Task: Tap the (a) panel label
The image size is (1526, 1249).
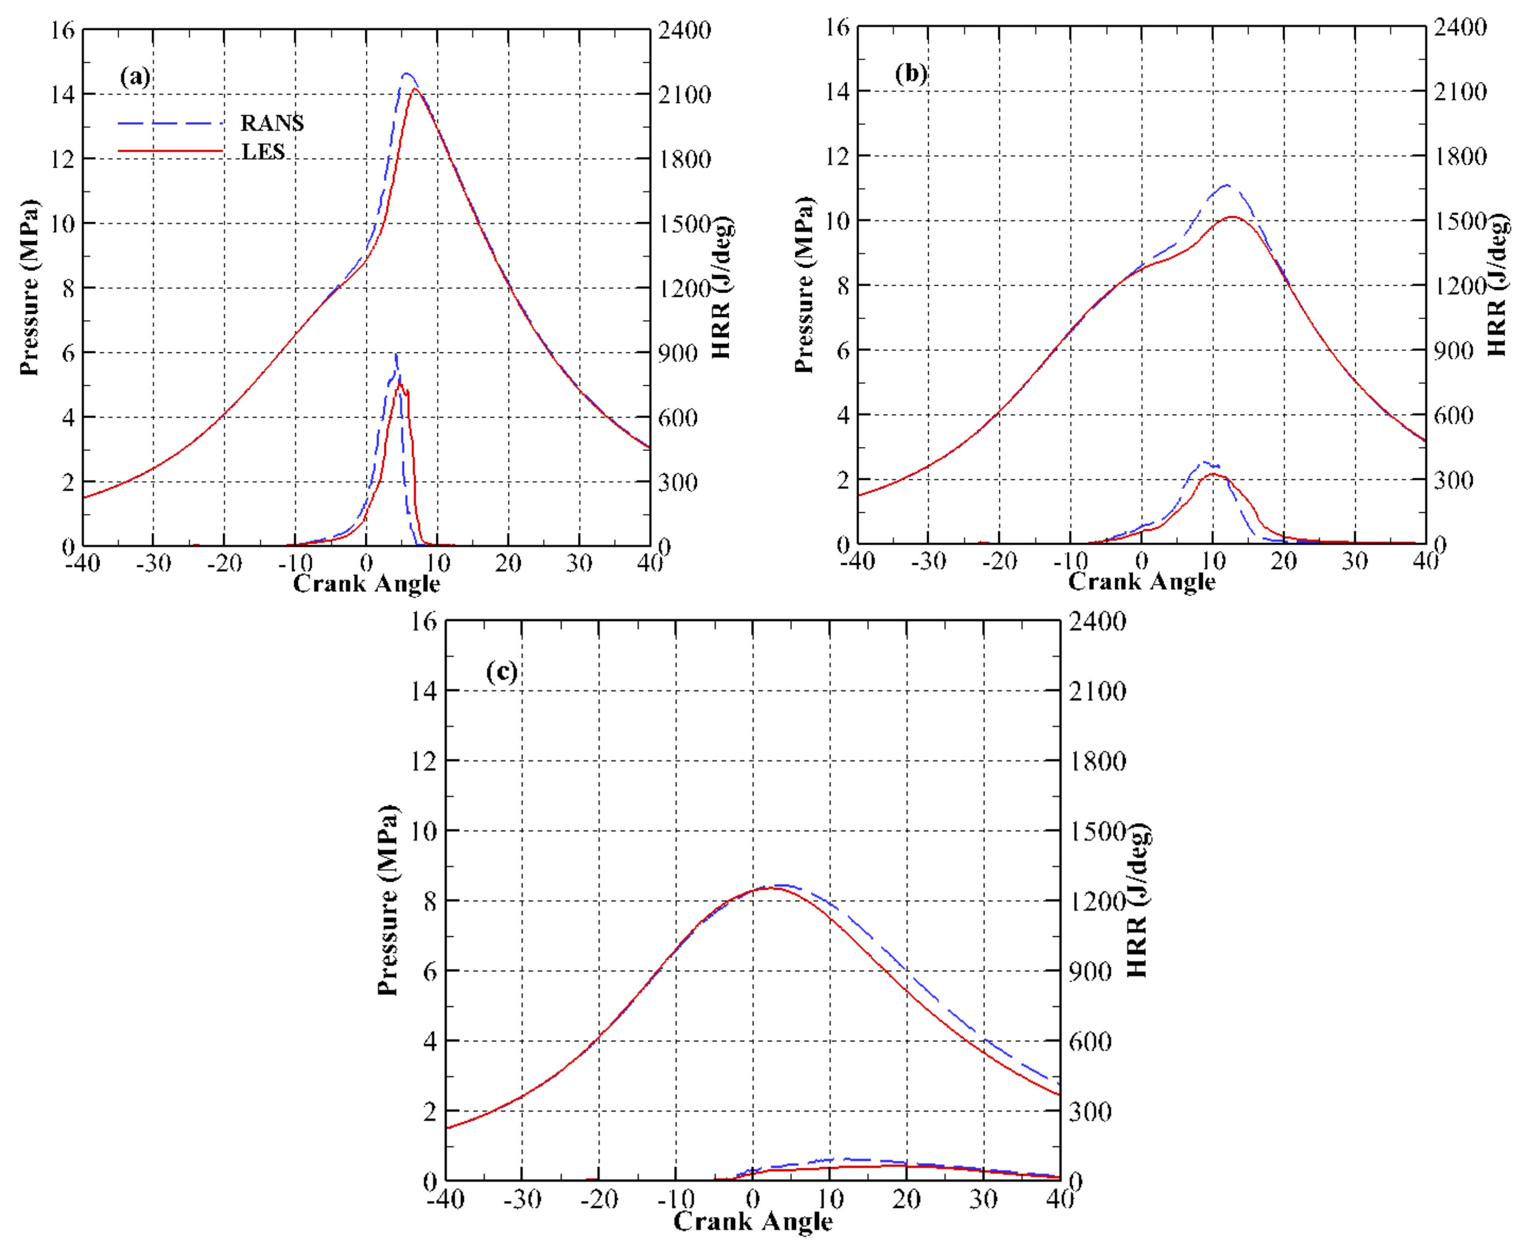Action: pyautogui.click(x=135, y=76)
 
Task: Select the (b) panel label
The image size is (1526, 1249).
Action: pyautogui.click(x=911, y=74)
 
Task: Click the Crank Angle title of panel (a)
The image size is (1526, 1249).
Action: pyautogui.click(x=366, y=583)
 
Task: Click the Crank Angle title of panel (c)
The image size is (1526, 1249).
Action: pyautogui.click(x=753, y=1221)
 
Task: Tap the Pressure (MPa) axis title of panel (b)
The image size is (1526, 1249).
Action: pyautogui.click(x=804, y=285)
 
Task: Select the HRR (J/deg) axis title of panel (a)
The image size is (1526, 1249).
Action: pyautogui.click(x=721, y=287)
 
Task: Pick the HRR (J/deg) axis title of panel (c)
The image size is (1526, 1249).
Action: pyautogui.click(x=1137, y=900)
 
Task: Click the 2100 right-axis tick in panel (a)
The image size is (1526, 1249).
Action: pyautogui.click(x=685, y=94)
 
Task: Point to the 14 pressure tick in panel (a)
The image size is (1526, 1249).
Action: pyautogui.click(x=63, y=94)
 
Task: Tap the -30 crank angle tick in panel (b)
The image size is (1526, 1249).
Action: pyautogui.click(x=928, y=561)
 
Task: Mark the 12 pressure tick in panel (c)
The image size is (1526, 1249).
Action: pyautogui.click(x=424, y=760)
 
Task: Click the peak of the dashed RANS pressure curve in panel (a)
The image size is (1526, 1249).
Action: pyautogui.click(x=407, y=74)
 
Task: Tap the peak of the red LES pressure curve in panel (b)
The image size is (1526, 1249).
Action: pyautogui.click(x=1233, y=217)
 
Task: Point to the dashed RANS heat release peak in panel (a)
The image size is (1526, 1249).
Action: pyautogui.click(x=396, y=354)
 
